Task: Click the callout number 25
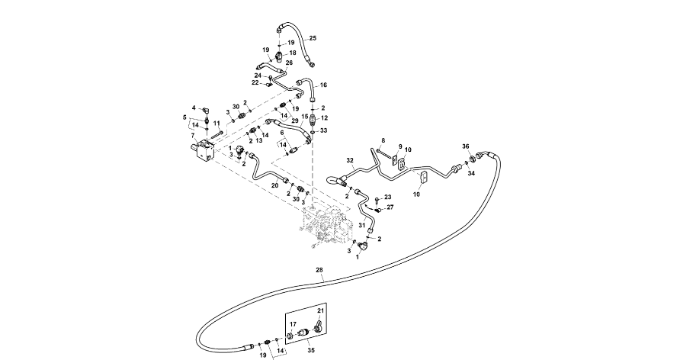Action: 313,38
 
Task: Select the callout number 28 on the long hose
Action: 319,271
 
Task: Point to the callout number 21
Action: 321,312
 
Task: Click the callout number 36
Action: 466,146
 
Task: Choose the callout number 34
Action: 471,173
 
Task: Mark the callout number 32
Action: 350,161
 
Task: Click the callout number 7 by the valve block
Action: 193,135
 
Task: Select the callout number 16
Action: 323,85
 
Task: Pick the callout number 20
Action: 275,185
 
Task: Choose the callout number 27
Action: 390,207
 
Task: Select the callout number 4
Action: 194,108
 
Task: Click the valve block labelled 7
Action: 204,149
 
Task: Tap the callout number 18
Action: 293,53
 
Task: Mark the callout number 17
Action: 292,324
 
